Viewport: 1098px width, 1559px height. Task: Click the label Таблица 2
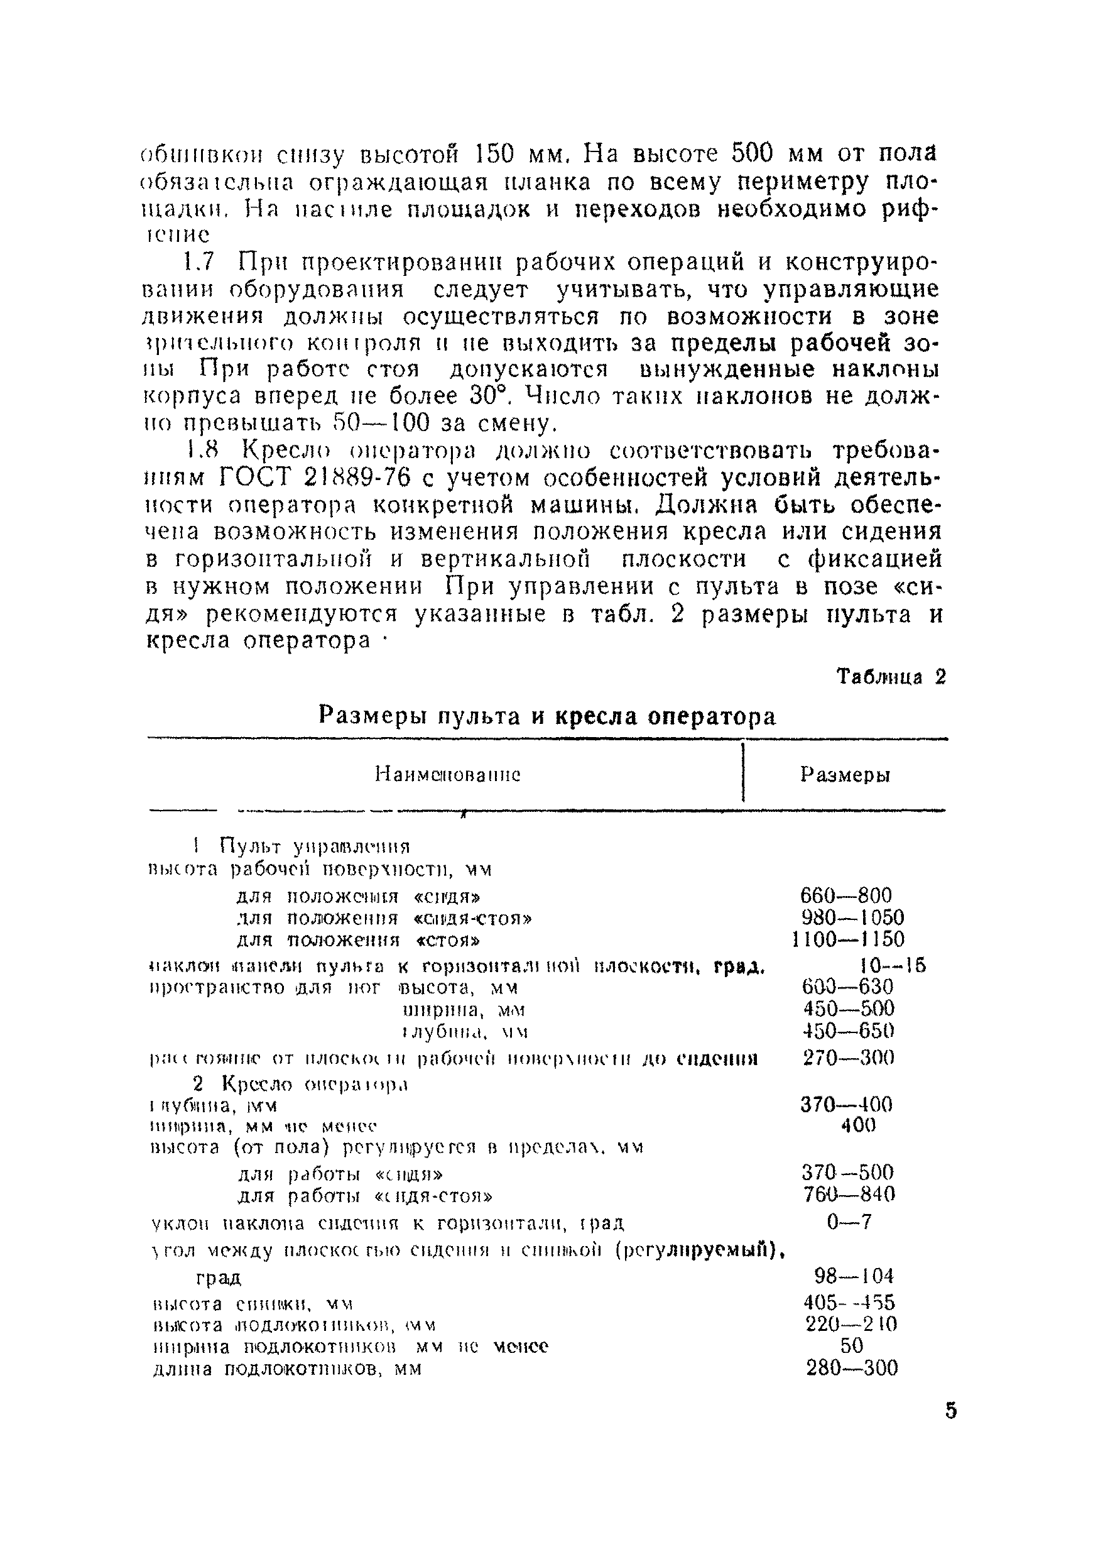tap(890, 677)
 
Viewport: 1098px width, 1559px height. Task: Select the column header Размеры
tap(845, 775)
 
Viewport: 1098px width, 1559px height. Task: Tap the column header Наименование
tap(448, 775)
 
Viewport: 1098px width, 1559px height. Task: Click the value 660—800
tap(845, 895)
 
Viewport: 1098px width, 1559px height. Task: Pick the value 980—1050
tap(852, 917)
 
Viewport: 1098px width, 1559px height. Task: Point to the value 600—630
tap(847, 986)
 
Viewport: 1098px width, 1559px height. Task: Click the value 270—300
tap(848, 1057)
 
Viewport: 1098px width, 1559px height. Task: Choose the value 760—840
tap(849, 1194)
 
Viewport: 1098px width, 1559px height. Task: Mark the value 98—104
tap(854, 1276)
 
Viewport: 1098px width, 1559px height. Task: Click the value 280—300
tap(852, 1367)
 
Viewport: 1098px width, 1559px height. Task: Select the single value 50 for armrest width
tap(852, 1345)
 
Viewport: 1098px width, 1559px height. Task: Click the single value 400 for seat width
tap(859, 1125)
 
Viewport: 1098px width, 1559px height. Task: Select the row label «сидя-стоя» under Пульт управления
tap(472, 918)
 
